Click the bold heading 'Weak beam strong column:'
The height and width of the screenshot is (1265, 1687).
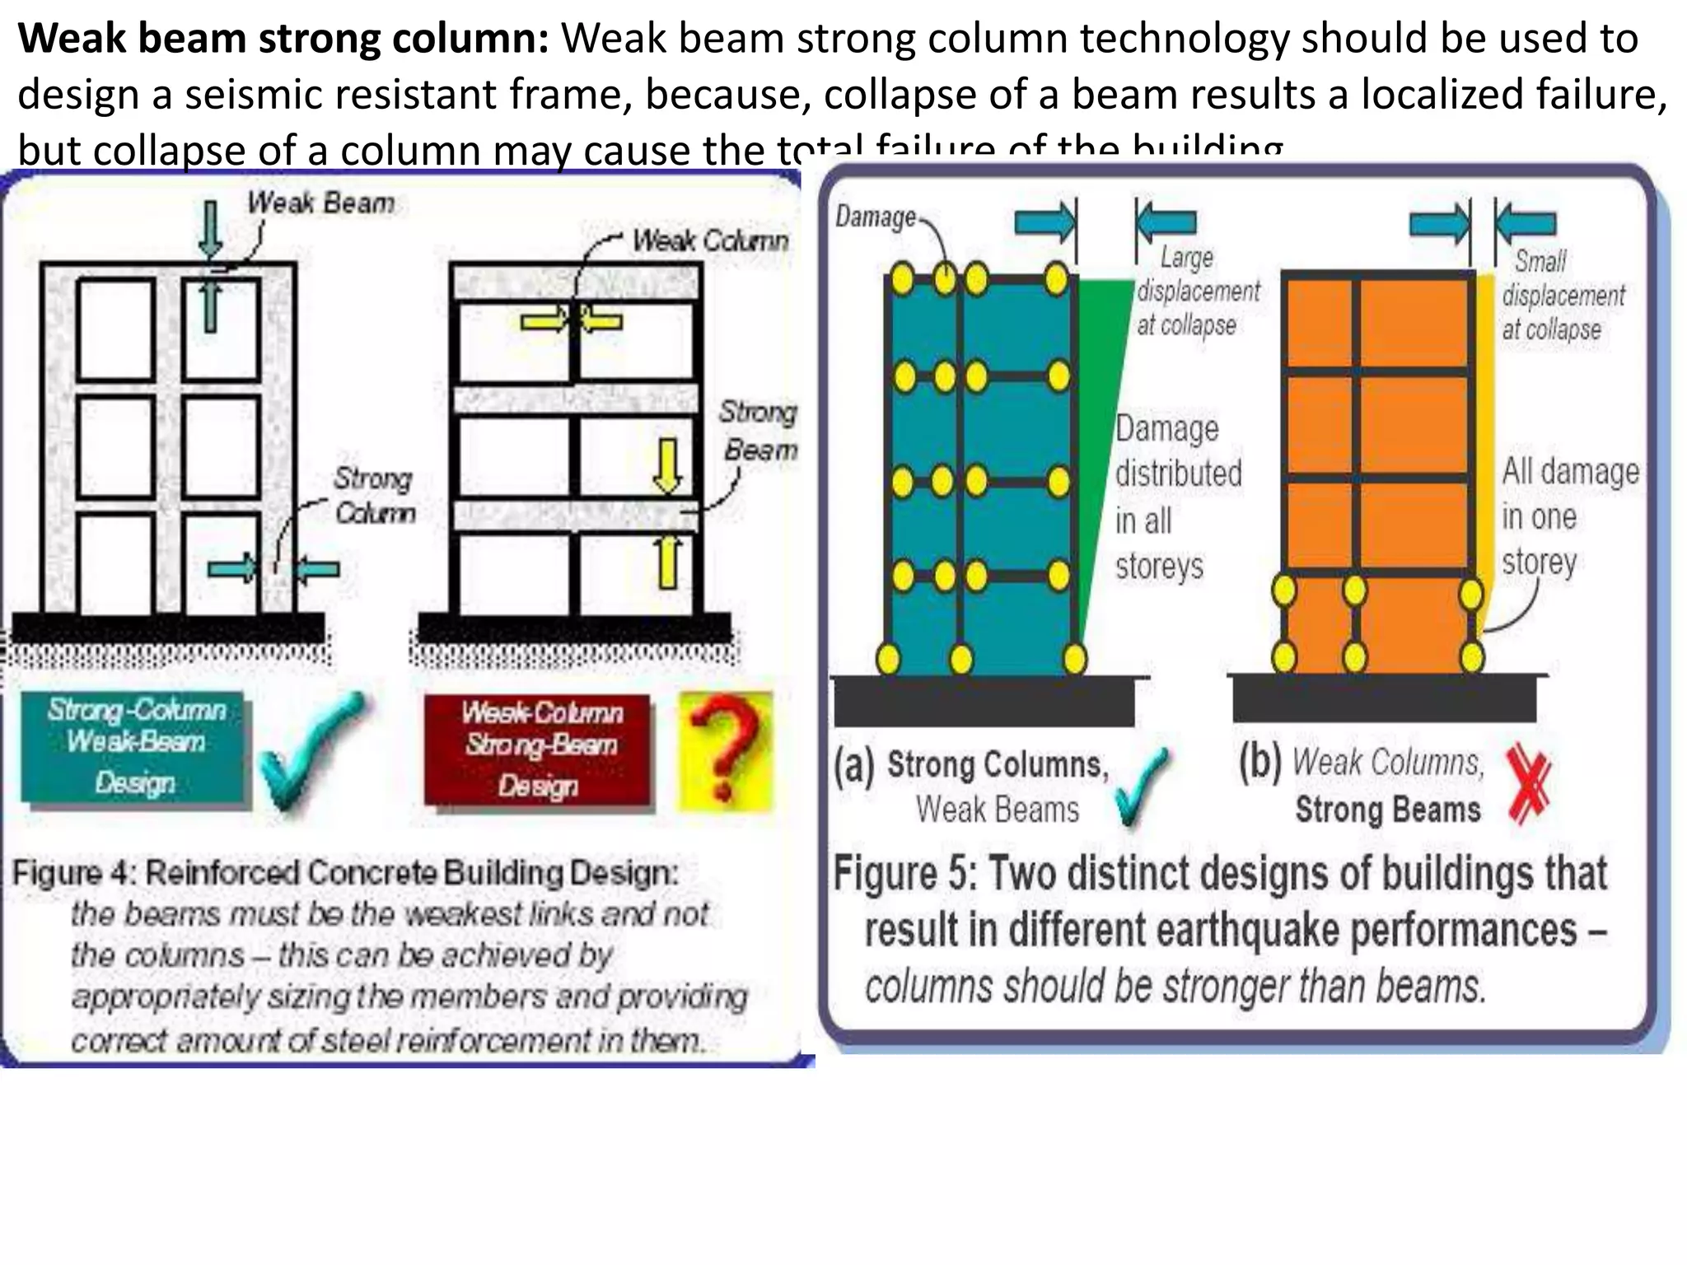[x=283, y=39]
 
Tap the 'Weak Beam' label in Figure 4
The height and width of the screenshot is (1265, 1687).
[x=321, y=203]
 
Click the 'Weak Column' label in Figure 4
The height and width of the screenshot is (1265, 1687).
[x=710, y=240]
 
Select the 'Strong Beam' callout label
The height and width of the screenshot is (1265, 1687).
[x=759, y=431]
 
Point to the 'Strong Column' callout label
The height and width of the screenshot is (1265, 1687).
[x=374, y=495]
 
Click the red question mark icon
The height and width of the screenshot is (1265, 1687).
[x=725, y=750]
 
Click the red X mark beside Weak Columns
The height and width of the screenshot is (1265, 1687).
[x=1529, y=783]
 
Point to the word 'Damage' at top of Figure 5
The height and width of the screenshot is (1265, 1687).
[x=875, y=217]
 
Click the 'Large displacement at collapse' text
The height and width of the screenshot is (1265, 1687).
[x=1196, y=292]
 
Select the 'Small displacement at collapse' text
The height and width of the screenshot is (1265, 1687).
[x=1562, y=295]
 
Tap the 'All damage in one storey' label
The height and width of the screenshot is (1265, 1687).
[x=1568, y=516]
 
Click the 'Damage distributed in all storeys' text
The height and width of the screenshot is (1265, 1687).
[x=1176, y=497]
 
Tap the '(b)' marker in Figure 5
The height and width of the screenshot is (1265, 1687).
[x=1260, y=762]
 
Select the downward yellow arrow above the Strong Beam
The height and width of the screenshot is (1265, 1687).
[x=667, y=465]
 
